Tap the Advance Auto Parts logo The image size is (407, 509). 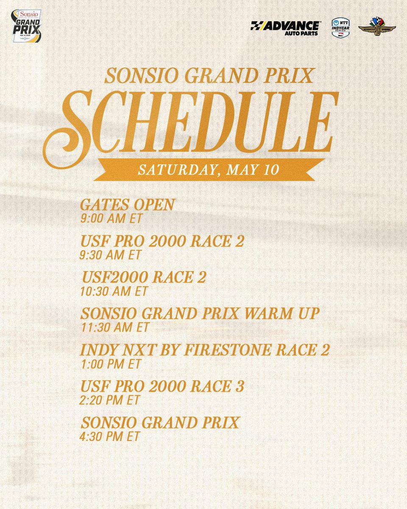pos(285,28)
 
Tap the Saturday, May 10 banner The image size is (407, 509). pos(208,170)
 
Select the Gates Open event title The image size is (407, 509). pos(127,205)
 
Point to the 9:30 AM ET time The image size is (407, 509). pos(111,255)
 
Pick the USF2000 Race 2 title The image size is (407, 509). pos(144,278)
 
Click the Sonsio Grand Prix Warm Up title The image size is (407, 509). pos(200,314)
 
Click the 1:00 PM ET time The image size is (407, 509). pos(110,364)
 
